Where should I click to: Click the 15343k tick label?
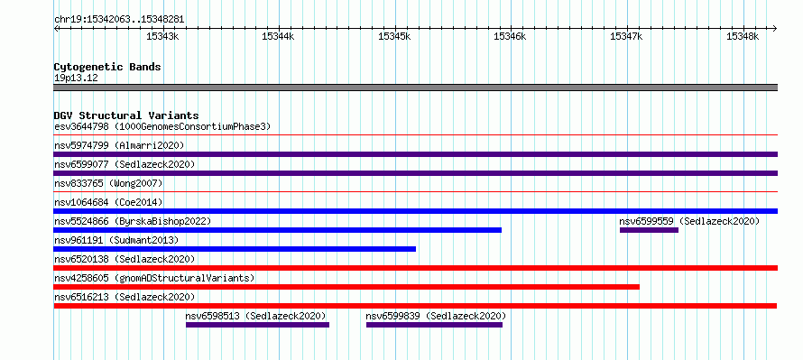[162, 36]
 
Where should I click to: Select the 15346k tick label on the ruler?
[510, 36]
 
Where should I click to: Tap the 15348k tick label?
[742, 36]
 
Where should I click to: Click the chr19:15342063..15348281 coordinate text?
[119, 20]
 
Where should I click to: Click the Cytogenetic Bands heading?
[107, 67]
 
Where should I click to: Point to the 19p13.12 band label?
[76, 78]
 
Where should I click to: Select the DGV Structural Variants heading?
[126, 115]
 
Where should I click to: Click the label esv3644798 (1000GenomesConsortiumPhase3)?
[162, 126]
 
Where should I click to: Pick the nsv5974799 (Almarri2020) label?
[119, 145]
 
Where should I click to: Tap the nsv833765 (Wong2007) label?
[108, 183]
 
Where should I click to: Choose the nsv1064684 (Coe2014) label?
[108, 202]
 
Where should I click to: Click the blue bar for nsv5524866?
[278, 230]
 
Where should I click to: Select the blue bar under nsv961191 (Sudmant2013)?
[235, 249]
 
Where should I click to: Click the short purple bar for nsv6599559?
[649, 230]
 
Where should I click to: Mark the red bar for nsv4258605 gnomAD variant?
[346, 287]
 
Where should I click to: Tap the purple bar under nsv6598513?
[258, 325]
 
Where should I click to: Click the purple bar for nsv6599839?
[434, 325]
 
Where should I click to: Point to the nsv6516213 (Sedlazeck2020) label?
[125, 297]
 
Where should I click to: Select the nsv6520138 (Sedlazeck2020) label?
[125, 259]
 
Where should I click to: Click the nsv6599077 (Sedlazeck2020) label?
[125, 164]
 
